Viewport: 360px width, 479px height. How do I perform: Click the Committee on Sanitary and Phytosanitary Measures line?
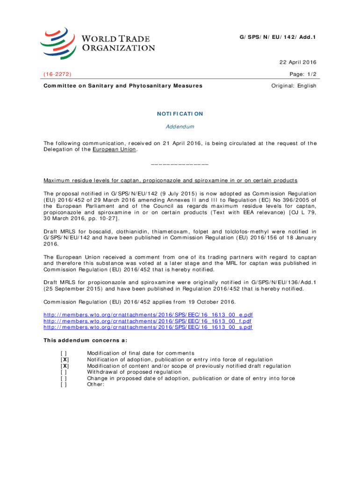pos(123,86)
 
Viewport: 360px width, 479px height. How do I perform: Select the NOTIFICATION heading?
pos(180,114)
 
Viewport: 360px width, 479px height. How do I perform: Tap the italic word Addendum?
pos(180,127)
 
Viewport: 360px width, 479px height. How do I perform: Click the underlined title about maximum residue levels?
pos(170,181)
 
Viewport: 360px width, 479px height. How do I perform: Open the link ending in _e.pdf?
pos(148,315)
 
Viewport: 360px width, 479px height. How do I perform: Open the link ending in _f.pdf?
pos(148,321)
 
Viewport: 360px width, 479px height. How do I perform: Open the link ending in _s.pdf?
pos(148,327)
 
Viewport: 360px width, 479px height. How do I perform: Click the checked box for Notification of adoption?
pos(64,359)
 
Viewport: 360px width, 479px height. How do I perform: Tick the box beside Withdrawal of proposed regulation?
pos(64,372)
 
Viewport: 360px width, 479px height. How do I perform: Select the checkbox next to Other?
pos(64,385)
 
